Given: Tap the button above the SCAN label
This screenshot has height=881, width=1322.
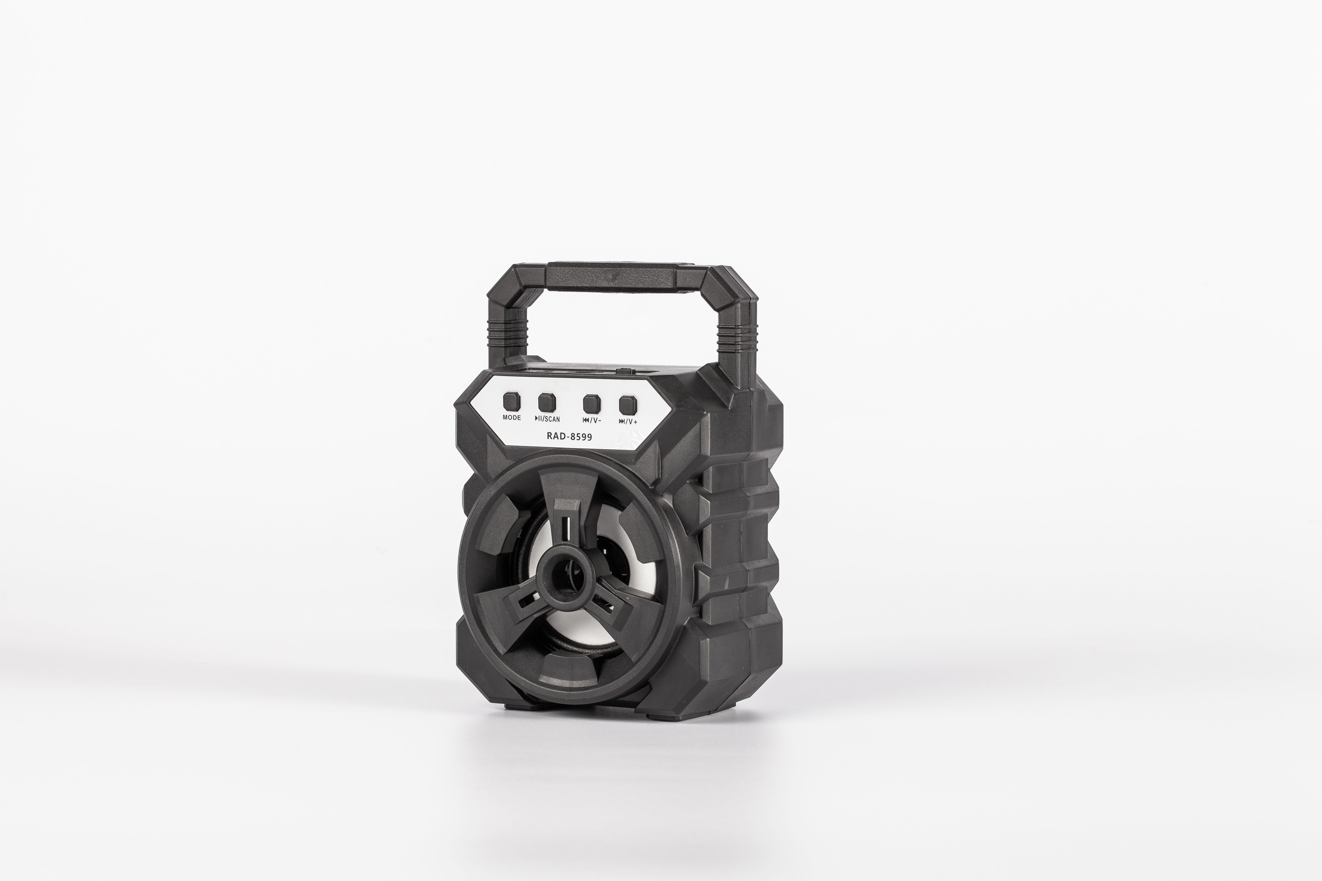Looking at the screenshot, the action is tap(547, 402).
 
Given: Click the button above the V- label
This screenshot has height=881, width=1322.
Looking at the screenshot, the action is tap(592, 403).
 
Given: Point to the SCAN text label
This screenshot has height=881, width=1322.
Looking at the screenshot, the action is tap(551, 419).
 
